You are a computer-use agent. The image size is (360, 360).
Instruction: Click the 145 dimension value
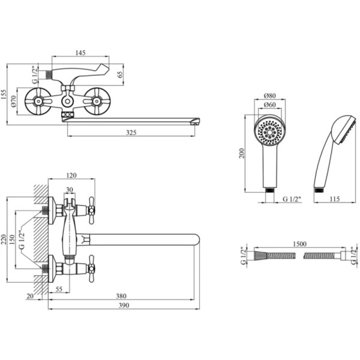(x=80, y=53)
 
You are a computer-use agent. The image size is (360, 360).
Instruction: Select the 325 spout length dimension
(x=131, y=132)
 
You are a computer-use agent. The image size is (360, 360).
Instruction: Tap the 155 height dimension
(x=4, y=94)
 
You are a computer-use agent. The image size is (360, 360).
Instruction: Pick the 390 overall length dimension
(x=123, y=305)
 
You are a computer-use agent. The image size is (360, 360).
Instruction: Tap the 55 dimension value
(x=59, y=289)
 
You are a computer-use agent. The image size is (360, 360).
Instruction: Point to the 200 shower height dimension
(x=242, y=153)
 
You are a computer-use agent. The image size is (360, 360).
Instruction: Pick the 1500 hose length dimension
(x=299, y=244)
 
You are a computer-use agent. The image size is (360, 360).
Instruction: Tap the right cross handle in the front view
(x=96, y=102)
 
